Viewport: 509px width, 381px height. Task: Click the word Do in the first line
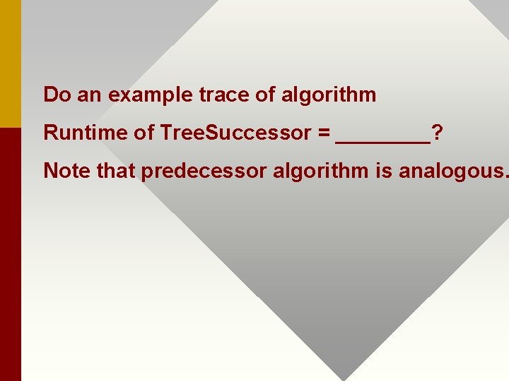58,95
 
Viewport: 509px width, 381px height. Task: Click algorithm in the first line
329,95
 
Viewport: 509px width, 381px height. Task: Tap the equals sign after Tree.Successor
322,133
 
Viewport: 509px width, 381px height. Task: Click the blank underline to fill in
383,140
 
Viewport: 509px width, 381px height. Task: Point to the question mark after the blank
438,133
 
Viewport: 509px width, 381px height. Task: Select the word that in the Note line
113,171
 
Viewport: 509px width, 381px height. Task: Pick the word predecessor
199,171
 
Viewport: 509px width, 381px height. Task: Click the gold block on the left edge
11,64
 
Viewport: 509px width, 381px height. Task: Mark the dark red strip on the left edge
11,254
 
